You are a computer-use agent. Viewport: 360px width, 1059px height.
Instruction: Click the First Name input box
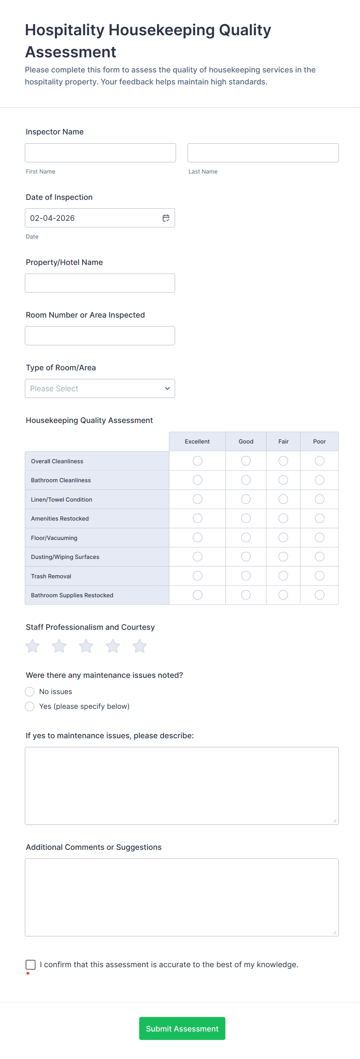100,153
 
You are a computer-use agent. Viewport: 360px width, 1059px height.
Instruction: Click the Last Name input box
262,153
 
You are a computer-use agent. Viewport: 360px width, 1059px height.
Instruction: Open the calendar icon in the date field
166,218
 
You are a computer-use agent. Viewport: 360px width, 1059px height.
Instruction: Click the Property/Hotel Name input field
99,283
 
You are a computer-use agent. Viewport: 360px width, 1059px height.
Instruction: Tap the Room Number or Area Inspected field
99,335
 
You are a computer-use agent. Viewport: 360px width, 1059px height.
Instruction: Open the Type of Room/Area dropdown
99,388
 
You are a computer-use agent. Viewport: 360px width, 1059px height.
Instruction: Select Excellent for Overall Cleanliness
197,461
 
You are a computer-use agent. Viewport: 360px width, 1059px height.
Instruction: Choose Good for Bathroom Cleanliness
246,480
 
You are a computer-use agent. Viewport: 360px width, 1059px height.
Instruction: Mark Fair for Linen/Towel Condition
283,499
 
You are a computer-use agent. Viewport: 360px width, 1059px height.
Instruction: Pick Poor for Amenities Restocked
319,518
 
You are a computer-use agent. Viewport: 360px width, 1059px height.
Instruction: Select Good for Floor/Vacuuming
246,537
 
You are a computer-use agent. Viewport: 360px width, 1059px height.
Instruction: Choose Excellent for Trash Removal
197,576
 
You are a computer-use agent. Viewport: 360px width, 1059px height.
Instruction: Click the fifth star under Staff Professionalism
140,646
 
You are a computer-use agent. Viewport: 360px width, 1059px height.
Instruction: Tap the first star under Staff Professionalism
33,646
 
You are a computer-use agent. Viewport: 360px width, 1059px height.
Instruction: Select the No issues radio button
29,691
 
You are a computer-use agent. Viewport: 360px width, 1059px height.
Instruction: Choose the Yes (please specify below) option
29,706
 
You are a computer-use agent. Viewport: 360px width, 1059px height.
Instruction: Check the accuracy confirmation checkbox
31,964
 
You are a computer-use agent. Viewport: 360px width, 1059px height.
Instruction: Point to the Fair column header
283,441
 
